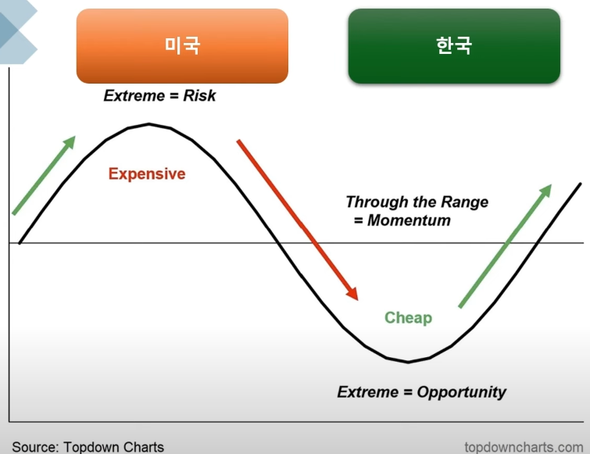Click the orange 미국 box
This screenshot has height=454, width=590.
point(182,46)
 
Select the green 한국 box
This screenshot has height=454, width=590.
point(454,46)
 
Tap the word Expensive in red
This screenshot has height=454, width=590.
point(147,173)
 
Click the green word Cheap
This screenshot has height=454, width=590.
point(408,318)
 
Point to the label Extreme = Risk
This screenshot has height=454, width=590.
point(159,96)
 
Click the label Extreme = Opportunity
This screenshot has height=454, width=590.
point(421,392)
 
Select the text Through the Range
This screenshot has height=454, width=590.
point(417,202)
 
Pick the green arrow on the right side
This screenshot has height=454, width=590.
point(505,245)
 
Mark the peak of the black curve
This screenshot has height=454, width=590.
point(148,124)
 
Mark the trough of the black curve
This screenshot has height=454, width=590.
point(407,362)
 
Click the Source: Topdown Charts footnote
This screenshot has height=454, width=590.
point(88,447)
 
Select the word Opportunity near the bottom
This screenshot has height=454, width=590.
point(461,392)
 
